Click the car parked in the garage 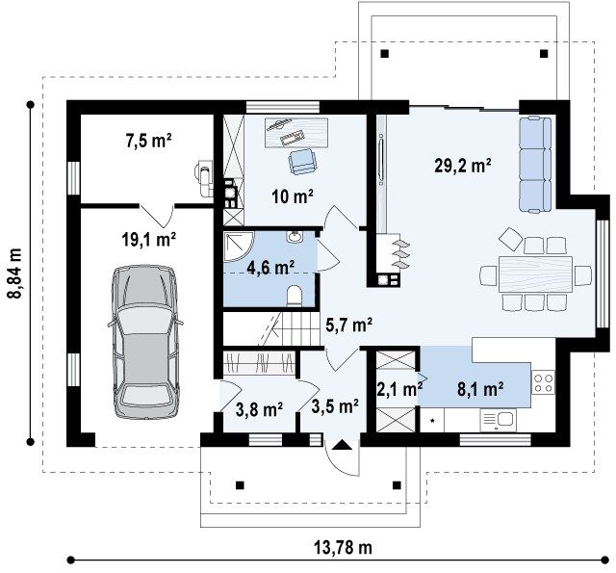145,342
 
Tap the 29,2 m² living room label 463,166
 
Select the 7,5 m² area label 148,141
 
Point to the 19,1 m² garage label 148,239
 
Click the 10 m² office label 293,196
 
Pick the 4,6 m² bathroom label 270,268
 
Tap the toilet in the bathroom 295,295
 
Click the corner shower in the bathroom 239,246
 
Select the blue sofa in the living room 535,165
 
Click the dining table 535,273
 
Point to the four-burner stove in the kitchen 543,382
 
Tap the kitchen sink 499,420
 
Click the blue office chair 301,161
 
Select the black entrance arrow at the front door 343,445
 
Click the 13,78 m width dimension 343,547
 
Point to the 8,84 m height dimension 15,273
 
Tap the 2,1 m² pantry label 399,389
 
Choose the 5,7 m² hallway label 348,325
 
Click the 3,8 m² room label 259,409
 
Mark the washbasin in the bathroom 295,237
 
